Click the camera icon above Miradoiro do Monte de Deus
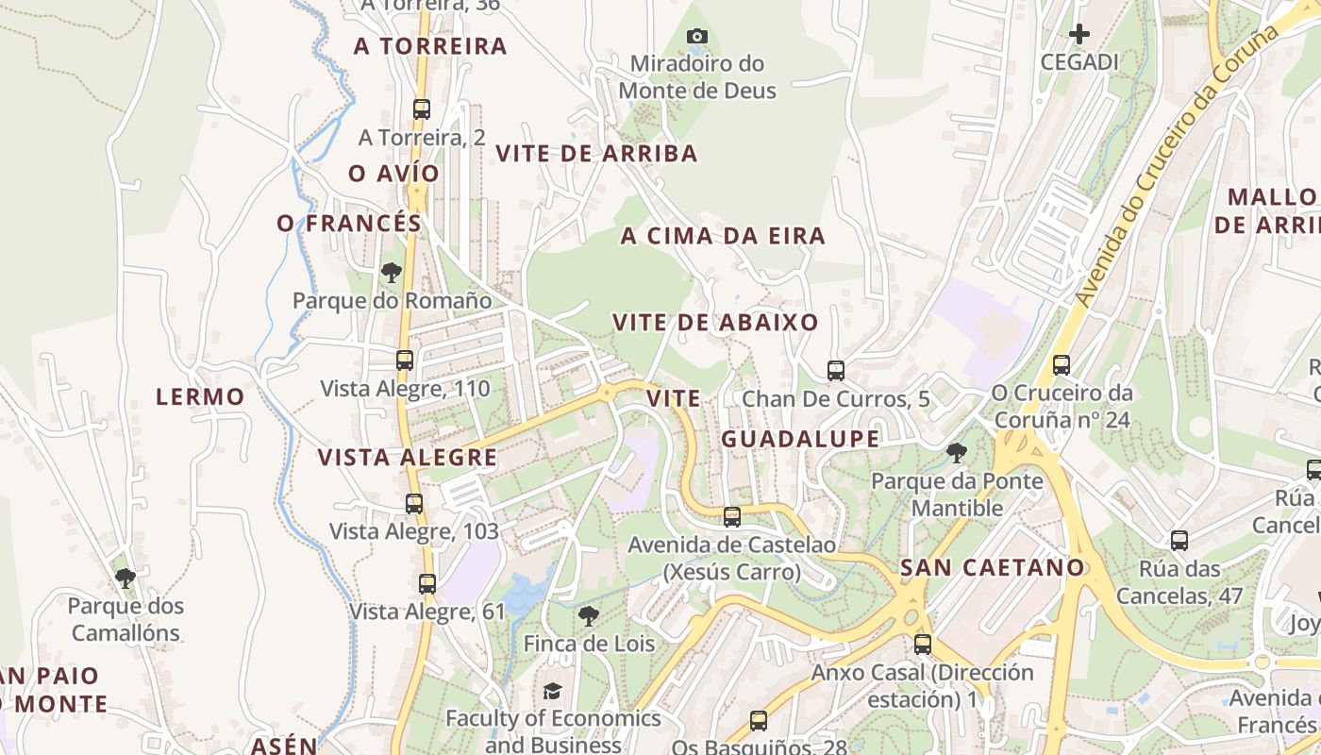[696, 37]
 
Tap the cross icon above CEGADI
[1079, 35]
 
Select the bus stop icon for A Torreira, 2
[422, 109]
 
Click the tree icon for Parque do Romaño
[392, 274]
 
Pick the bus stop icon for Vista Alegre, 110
[405, 361]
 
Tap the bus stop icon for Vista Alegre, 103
[414, 504]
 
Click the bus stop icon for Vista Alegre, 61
[427, 584]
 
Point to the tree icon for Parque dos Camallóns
[125, 578]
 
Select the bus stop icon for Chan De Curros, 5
[835, 371]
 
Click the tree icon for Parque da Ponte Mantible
[957, 453]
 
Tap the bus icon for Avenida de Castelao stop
[732, 517]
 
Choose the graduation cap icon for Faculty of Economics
[552, 692]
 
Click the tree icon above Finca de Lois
[589, 617]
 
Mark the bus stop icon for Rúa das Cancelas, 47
[1179, 541]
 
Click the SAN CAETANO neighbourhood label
[993, 568]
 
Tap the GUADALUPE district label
[800, 439]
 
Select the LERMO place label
[200, 397]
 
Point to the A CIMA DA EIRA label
[723, 237]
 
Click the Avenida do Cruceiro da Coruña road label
[1179, 165]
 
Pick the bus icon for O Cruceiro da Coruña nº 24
[1062, 365]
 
